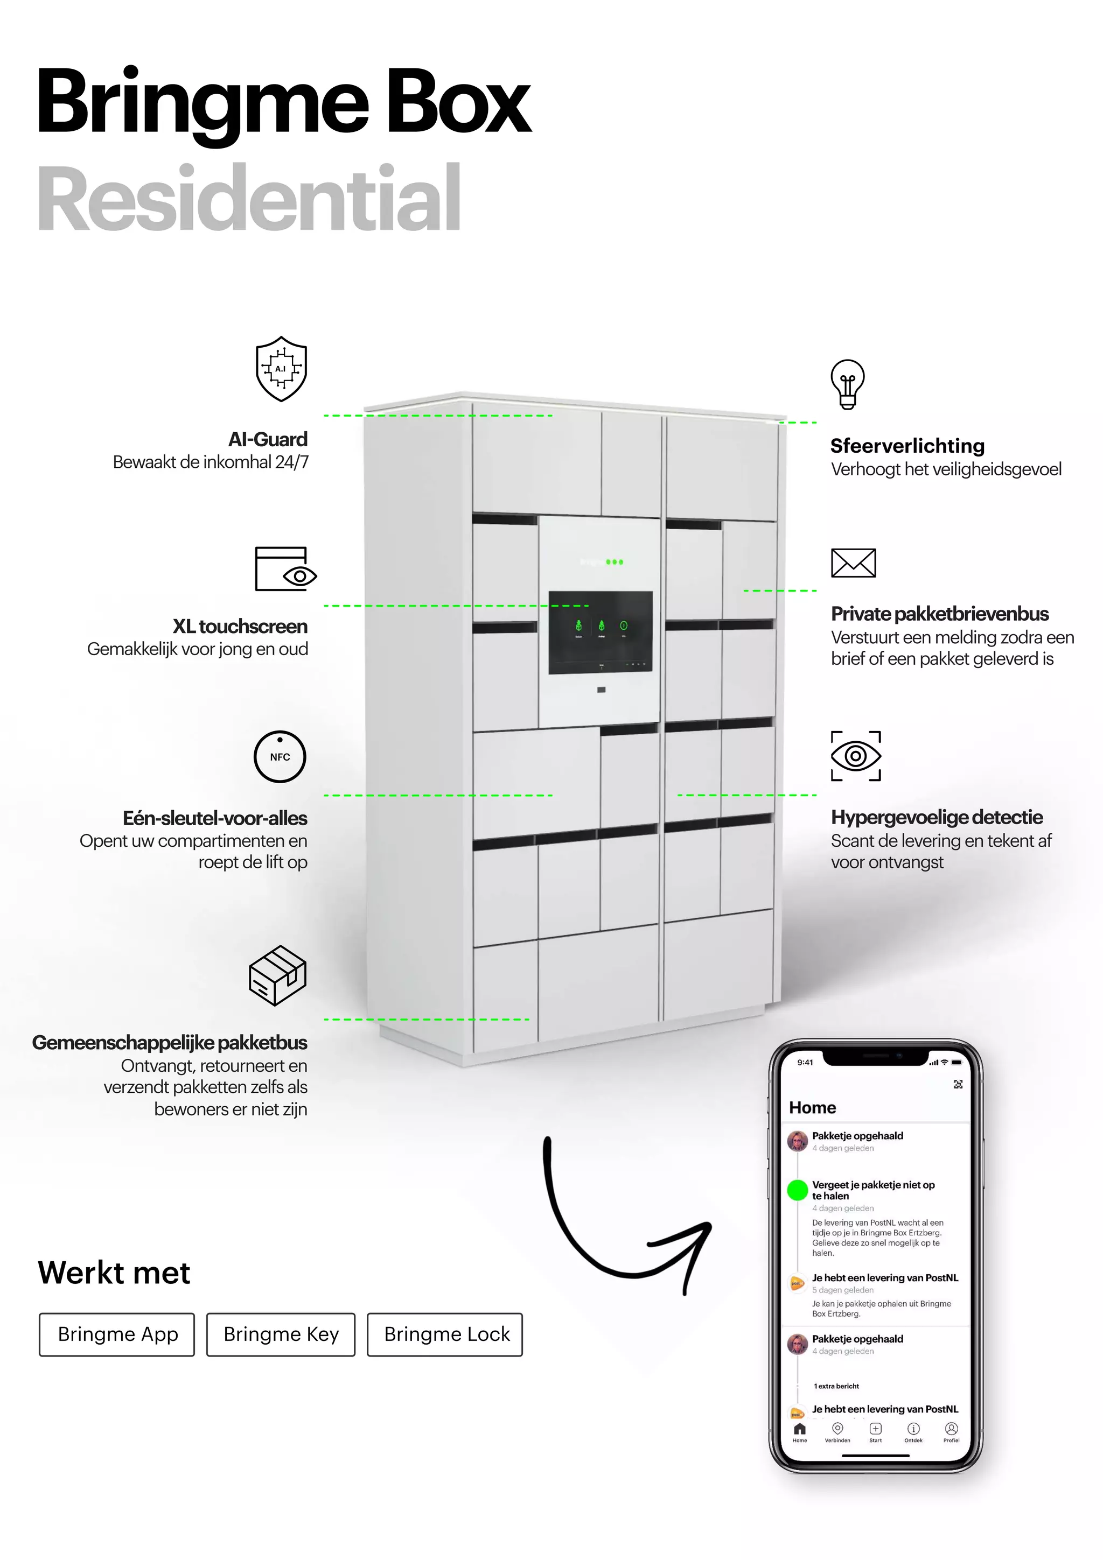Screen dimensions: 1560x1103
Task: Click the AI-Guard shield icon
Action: point(281,368)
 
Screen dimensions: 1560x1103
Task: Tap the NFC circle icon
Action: point(280,756)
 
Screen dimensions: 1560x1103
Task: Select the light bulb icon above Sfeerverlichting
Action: point(848,384)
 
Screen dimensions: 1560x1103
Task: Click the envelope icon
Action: point(853,563)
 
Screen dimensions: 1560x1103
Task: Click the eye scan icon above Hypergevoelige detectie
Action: point(856,756)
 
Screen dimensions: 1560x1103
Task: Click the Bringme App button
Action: point(117,1334)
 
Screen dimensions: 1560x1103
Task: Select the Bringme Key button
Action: point(281,1334)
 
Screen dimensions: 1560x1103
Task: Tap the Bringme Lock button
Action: point(445,1334)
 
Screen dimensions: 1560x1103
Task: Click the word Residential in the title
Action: point(249,199)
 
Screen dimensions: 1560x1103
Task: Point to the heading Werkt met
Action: point(114,1273)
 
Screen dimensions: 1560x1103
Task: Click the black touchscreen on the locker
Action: point(600,633)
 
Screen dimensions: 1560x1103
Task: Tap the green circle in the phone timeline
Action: point(797,1190)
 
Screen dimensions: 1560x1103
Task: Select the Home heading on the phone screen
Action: point(812,1107)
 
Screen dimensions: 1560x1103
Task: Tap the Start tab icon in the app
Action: point(875,1431)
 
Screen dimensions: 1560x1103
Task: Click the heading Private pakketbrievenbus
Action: point(939,614)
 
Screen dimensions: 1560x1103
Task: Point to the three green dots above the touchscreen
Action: point(615,562)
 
